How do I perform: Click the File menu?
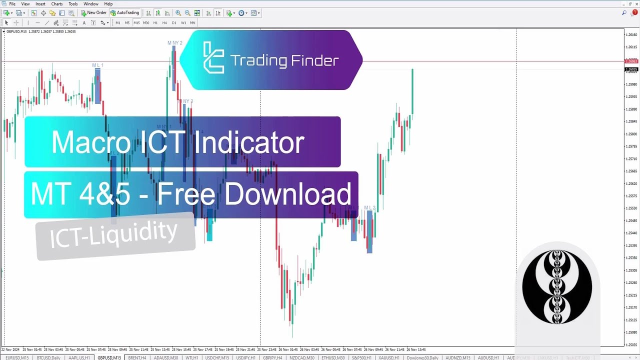(x=12, y=4)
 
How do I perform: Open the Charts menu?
(x=57, y=4)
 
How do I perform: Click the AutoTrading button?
(x=125, y=13)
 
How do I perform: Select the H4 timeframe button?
(x=164, y=22)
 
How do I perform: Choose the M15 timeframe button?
(x=136, y=22)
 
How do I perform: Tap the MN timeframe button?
(x=192, y=22)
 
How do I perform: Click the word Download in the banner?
(x=287, y=194)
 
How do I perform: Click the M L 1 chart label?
(x=97, y=65)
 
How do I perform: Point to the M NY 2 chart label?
(x=175, y=43)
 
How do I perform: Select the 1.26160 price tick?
(x=632, y=35)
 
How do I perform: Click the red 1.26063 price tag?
(x=631, y=61)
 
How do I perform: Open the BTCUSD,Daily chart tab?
(x=48, y=358)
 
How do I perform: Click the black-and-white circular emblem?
(x=557, y=287)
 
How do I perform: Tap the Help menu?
(x=108, y=4)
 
